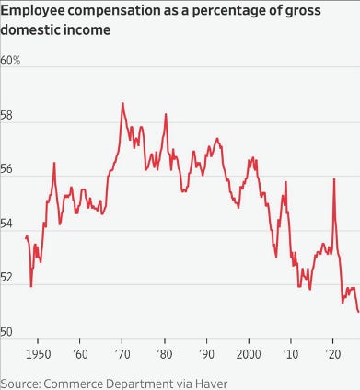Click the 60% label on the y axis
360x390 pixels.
(10, 61)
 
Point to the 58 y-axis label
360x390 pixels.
(6, 116)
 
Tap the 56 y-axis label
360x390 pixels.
(6, 169)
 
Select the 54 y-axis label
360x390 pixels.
(6, 224)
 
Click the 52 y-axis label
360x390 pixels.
(6, 278)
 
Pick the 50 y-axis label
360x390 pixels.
(6, 332)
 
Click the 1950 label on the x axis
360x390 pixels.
(38, 354)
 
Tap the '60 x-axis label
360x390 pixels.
(80, 354)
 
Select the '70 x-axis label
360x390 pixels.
(122, 354)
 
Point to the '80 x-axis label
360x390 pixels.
(165, 354)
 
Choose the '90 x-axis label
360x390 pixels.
(207, 354)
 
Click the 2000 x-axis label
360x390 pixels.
(249, 354)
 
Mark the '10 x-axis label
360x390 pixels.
(291, 354)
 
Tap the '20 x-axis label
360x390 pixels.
(333, 354)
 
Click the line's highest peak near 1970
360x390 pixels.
(122, 103)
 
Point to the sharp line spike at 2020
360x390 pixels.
(334, 179)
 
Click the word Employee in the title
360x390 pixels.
(32, 11)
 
